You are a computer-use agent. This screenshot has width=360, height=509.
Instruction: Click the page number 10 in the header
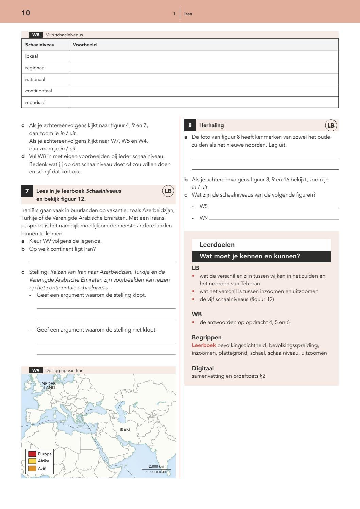(x=26, y=13)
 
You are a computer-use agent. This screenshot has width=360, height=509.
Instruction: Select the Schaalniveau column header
(x=40, y=45)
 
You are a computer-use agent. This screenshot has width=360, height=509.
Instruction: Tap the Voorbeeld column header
(x=85, y=45)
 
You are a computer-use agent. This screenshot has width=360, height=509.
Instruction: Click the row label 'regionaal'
(x=35, y=68)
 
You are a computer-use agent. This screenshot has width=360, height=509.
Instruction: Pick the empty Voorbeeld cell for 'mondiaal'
(x=203, y=102)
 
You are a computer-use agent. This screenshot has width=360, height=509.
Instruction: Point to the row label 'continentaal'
(x=38, y=91)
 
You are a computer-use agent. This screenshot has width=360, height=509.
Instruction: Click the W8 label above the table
(x=36, y=35)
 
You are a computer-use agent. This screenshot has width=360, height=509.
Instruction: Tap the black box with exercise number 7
(x=27, y=191)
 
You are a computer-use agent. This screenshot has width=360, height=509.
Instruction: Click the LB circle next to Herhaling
(x=331, y=125)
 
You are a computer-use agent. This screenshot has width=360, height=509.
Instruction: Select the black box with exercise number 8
(x=190, y=125)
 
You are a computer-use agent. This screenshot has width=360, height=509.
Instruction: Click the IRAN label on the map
(x=124, y=430)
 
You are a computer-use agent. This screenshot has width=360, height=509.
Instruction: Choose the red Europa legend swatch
(x=32, y=454)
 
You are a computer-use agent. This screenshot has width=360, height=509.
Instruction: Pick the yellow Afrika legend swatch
(x=32, y=461)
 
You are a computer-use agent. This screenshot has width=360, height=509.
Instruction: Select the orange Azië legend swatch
(x=32, y=469)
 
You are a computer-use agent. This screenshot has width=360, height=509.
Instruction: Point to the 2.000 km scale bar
(x=156, y=469)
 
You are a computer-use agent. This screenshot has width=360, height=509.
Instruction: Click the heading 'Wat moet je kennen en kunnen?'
(x=250, y=256)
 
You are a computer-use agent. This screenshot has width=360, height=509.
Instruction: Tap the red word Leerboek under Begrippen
(x=204, y=345)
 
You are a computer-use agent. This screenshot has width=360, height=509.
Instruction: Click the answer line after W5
(x=274, y=206)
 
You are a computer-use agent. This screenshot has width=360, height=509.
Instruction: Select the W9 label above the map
(x=36, y=370)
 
